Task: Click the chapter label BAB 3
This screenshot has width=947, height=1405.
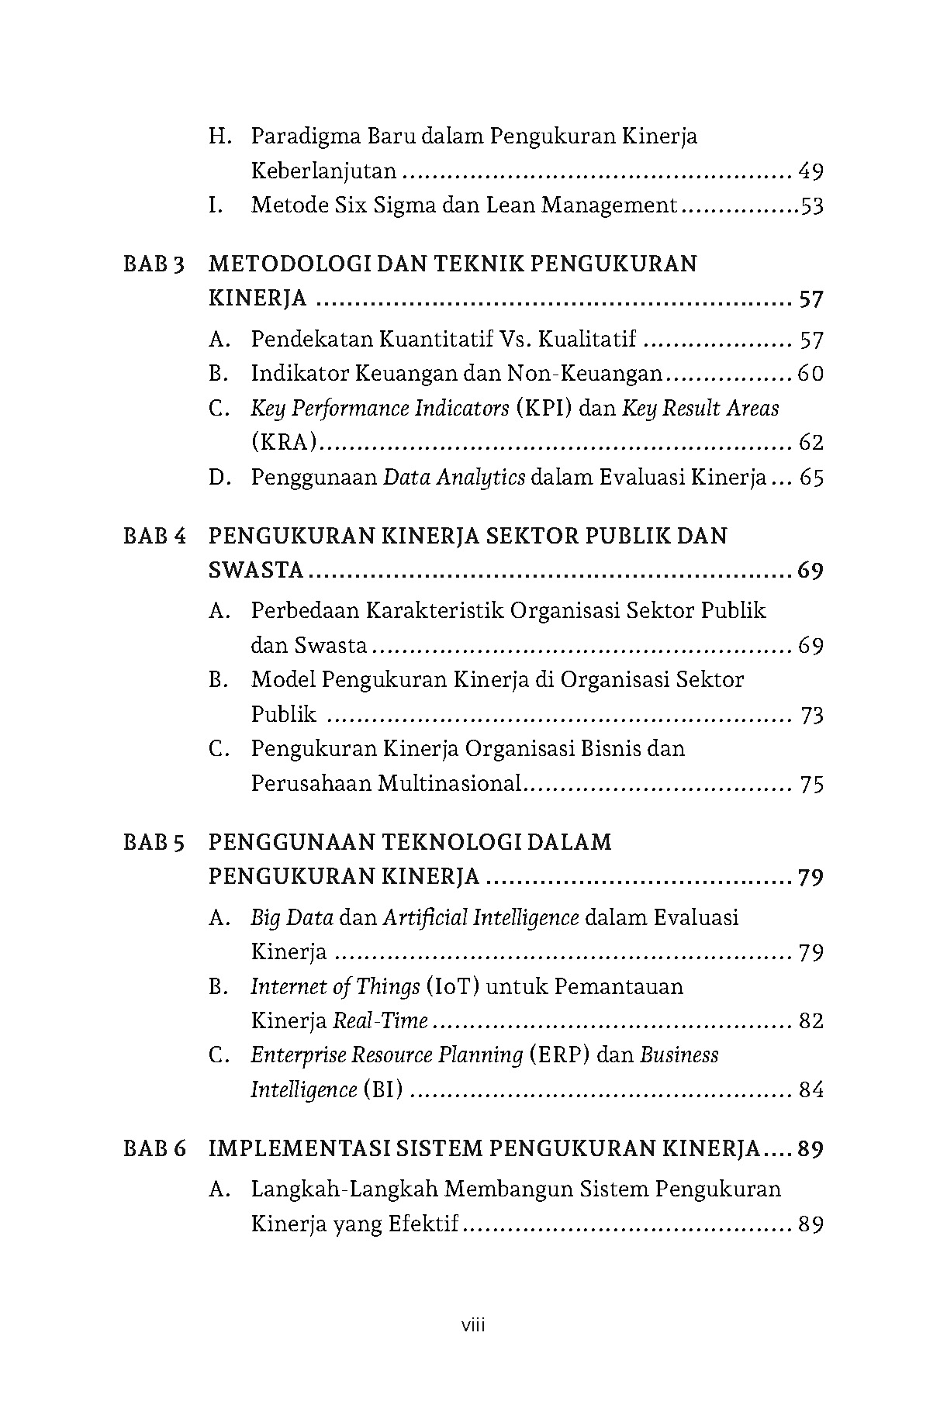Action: tap(154, 264)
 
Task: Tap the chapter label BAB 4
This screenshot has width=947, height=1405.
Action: tap(154, 537)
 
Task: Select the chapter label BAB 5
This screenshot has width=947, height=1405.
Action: tap(154, 843)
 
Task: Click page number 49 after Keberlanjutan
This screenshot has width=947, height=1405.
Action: tap(810, 171)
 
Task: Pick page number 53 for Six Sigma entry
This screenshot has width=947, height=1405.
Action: tap(811, 206)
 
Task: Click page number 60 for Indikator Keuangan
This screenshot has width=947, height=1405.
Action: tap(810, 375)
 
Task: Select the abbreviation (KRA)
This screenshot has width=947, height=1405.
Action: tap(285, 443)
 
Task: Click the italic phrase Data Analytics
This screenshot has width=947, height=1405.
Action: tap(454, 478)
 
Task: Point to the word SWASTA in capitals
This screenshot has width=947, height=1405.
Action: tap(257, 571)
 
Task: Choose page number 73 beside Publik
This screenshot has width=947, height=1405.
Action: tap(811, 715)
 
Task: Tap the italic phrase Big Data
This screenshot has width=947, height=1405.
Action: tap(292, 918)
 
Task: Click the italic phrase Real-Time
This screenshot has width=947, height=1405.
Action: tap(380, 1021)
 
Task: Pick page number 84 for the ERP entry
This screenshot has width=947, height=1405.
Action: tap(810, 1090)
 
